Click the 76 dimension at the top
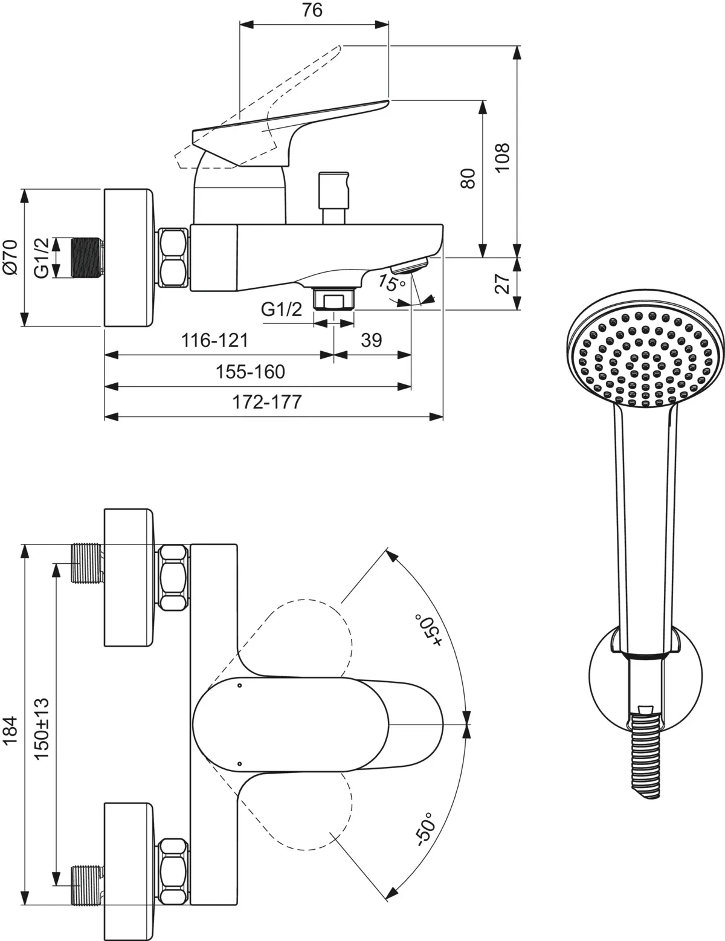tap(313, 10)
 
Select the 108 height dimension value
tap(503, 157)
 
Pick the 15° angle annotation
tap(392, 283)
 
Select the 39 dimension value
tap(372, 340)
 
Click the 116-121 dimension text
tap(215, 340)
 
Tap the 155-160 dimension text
tap(250, 372)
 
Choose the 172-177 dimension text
tap(266, 402)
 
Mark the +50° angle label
tap(428, 630)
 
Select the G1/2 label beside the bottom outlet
tap(281, 309)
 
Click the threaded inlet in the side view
tap(86, 257)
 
